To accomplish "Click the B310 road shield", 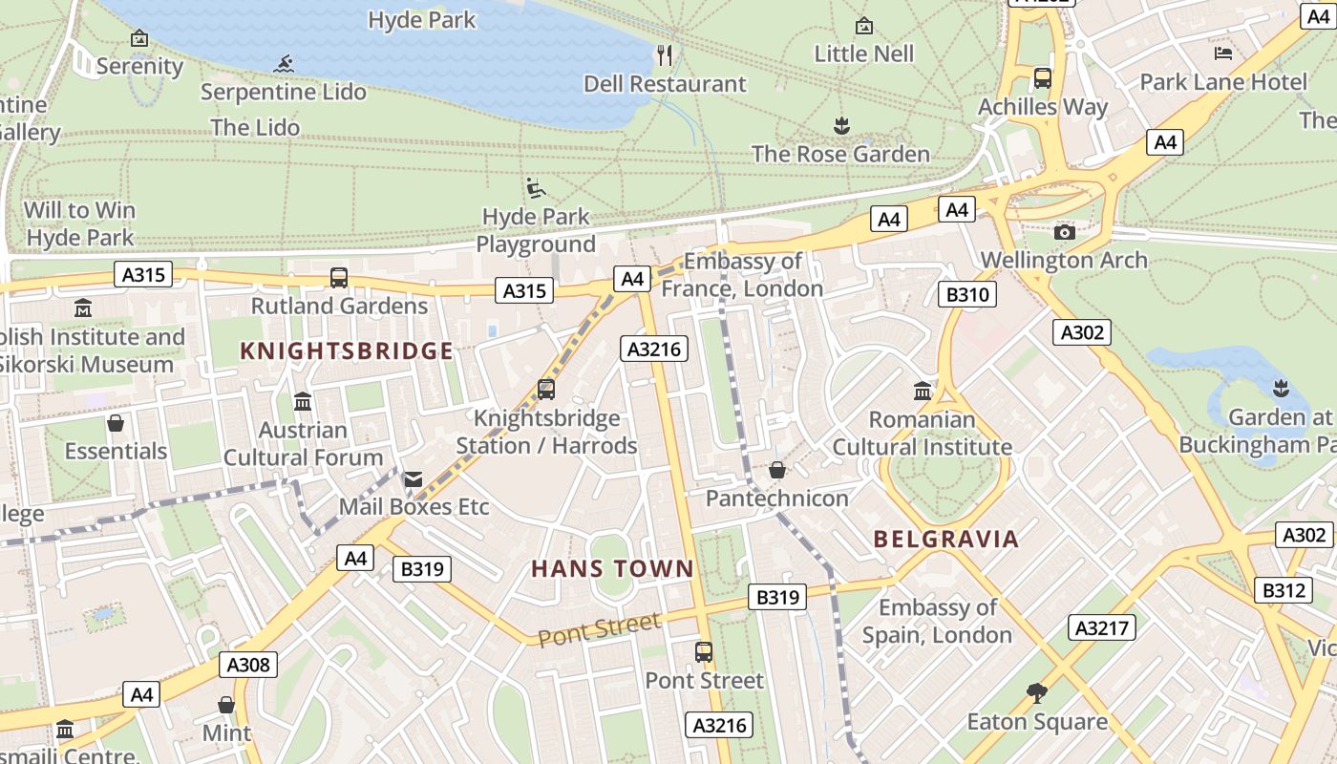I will (x=967, y=294).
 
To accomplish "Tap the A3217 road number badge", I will (x=1102, y=627).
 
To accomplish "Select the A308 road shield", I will (x=248, y=665).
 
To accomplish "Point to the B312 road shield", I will (x=1284, y=590).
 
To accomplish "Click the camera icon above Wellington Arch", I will (x=1064, y=232).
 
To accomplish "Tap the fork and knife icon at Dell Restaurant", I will (x=665, y=55).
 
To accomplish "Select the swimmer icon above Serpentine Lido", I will (x=284, y=64).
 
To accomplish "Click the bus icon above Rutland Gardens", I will (x=339, y=278).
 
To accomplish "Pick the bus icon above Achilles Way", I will (x=1042, y=78).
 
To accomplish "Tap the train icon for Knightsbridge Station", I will (x=546, y=390).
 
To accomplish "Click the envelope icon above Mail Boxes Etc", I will (x=414, y=479).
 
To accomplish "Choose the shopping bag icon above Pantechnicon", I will (x=777, y=471).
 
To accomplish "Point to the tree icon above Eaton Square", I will (x=1037, y=693).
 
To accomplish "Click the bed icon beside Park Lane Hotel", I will (x=1222, y=53).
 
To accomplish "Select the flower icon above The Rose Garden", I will (x=841, y=125).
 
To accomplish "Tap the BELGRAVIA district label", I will (x=946, y=540).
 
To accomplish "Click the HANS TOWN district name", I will (x=612, y=569).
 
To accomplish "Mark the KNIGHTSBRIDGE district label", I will (x=347, y=351).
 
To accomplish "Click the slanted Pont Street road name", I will (x=600, y=630).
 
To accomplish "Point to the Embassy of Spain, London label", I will (x=937, y=621).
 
